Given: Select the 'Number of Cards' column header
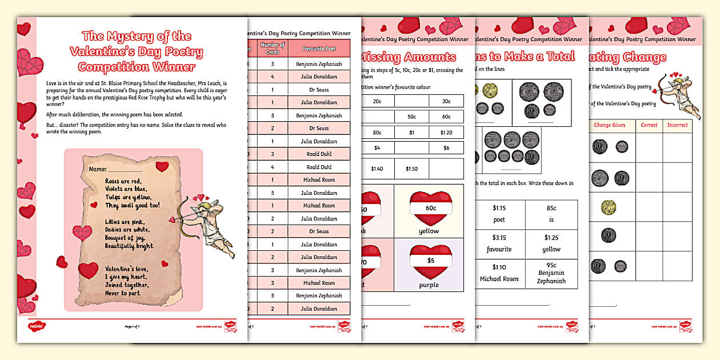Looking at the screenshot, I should tap(272, 49).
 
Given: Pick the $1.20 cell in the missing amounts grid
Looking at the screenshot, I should tap(446, 132).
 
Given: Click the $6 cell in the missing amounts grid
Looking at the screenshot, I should tap(446, 147).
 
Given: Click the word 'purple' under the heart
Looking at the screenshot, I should tap(429, 285).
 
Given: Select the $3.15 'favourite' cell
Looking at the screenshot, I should tap(499, 243).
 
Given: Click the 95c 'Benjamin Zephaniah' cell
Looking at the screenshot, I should tap(551, 273).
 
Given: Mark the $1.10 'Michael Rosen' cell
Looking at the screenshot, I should tap(499, 273).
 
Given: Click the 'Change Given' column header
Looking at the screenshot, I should tap(610, 125).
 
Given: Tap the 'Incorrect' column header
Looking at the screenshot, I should tap(677, 125).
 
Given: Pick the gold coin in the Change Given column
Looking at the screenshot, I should tap(600, 207).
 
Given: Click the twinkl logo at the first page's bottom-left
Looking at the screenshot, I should tap(37, 326).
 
